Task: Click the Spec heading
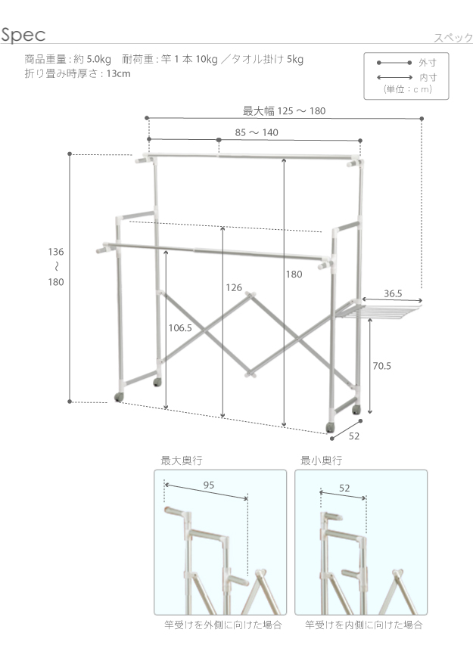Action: [23, 35]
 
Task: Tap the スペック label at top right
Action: [453, 38]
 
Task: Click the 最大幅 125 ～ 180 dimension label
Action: [284, 110]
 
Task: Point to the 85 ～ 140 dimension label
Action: [257, 132]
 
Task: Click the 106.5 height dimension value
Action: [180, 328]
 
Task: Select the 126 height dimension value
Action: [234, 288]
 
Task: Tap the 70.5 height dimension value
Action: [382, 366]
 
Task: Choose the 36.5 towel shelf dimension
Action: [392, 293]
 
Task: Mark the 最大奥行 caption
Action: [176, 460]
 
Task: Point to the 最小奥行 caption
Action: [322, 460]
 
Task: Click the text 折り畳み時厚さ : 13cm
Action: [77, 73]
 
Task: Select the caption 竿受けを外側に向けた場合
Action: [223, 625]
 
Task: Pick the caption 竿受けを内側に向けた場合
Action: [363, 625]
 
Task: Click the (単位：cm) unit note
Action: [406, 89]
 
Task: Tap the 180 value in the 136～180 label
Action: [57, 282]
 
